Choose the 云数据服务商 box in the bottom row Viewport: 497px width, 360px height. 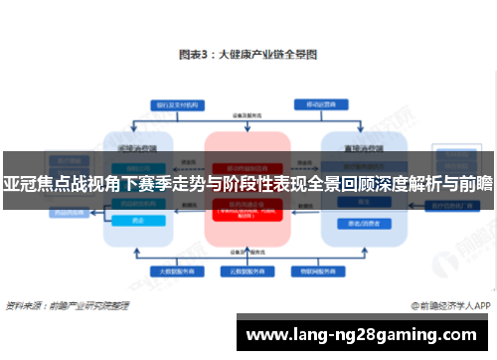247,270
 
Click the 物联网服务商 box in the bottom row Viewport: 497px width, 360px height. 316,270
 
